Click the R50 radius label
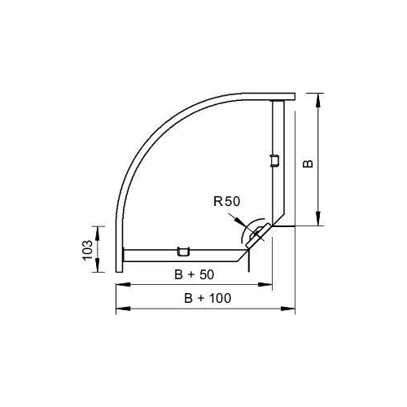(226, 202)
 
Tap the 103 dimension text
(88, 250)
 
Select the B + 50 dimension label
(194, 274)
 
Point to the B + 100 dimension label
(208, 298)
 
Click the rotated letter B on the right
(308, 164)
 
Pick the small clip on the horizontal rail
(183, 252)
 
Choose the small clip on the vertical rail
(275, 160)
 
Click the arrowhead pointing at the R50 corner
(240, 221)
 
